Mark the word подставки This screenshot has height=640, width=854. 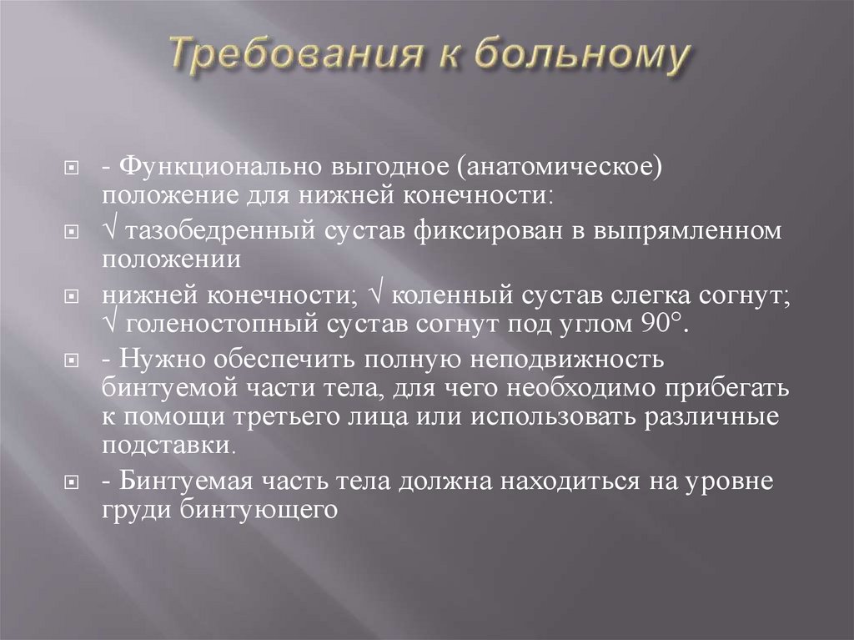[x=167, y=445]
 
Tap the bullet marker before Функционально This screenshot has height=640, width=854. [x=73, y=169]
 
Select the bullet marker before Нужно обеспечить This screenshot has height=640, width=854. [x=73, y=360]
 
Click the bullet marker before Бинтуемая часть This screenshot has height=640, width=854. [x=73, y=482]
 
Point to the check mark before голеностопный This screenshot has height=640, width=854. [x=109, y=322]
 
